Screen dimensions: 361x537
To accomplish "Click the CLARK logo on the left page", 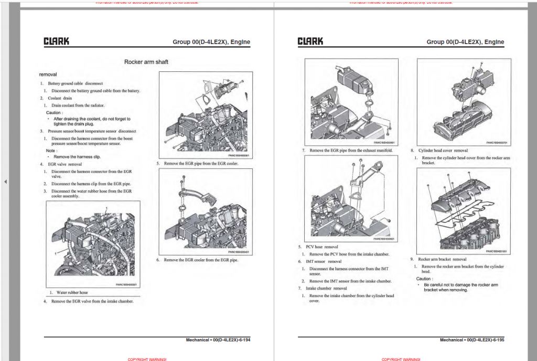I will point(56,41).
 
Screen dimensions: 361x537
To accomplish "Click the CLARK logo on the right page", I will point(310,41).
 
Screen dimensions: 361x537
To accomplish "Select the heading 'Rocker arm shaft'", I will point(146,62).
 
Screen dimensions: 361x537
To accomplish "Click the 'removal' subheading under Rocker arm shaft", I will point(48,75).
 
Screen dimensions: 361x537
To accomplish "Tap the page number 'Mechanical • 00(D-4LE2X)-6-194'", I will point(218,340).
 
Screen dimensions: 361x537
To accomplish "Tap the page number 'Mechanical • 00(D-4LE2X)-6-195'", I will point(472,340).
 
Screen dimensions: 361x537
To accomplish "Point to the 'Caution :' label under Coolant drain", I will point(55,112).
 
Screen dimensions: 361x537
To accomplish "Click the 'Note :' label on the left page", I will point(51,151).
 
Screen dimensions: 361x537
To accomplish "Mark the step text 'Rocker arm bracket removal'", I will point(442,259).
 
